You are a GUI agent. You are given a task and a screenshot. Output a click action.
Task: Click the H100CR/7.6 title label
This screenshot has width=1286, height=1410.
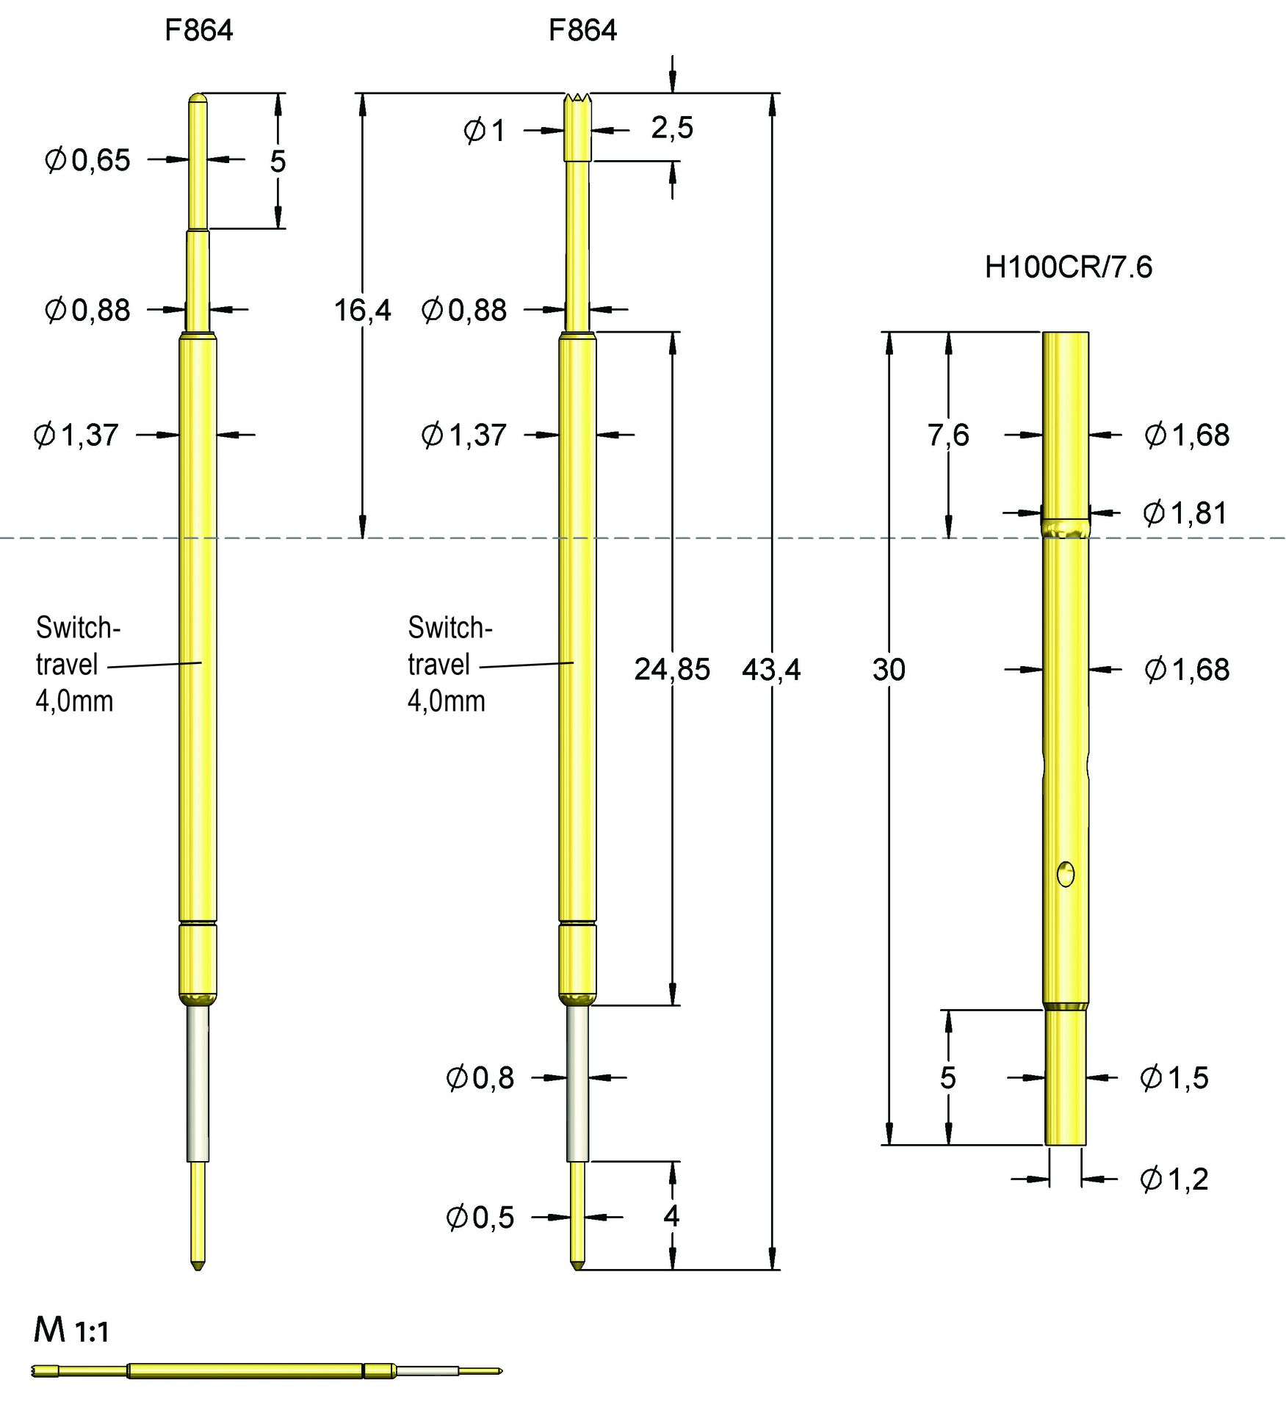[1068, 267]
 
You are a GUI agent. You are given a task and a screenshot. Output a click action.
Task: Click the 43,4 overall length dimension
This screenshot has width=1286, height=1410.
[770, 669]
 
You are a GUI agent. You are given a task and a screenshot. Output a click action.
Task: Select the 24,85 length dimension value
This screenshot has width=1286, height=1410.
[672, 669]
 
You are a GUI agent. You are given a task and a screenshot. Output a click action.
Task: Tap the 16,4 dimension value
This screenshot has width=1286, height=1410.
[362, 310]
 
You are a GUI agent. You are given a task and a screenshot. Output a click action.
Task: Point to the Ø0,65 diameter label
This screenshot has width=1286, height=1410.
[87, 160]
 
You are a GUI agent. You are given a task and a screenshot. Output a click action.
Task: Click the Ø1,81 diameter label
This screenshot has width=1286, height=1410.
[1185, 513]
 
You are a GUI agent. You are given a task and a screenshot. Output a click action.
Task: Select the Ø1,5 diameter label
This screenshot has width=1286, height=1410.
[1174, 1077]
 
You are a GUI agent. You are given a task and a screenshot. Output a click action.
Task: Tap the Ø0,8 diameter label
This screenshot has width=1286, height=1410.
[480, 1077]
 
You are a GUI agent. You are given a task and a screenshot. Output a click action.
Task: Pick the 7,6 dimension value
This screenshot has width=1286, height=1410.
[947, 435]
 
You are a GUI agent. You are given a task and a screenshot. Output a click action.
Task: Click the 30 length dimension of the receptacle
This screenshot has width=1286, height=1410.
[888, 669]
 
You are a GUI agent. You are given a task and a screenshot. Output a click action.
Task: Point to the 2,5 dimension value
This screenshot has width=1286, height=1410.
[671, 128]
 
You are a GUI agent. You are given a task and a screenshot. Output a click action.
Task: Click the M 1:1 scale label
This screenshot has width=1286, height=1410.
[71, 1331]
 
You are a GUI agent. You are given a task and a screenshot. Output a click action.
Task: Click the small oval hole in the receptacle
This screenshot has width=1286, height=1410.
[1065, 874]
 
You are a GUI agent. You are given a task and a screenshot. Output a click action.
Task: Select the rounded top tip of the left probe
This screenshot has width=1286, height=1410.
[198, 98]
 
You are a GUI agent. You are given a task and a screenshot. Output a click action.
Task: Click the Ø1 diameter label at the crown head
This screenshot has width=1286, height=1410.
[484, 131]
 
